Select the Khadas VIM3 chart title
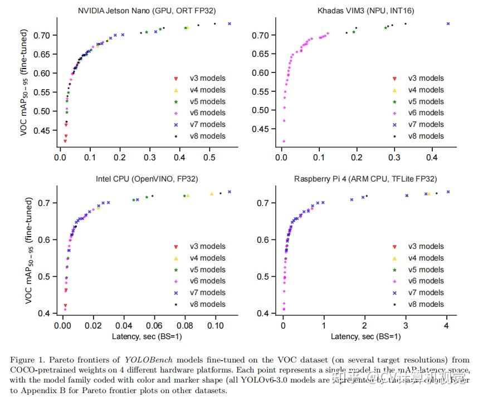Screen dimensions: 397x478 tap(365, 10)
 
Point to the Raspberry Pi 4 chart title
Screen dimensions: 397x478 tap(365, 179)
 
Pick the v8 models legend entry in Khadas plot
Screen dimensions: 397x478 tap(426, 136)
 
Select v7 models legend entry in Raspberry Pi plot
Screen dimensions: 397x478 tap(426, 292)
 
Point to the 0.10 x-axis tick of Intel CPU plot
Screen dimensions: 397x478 tap(215, 326)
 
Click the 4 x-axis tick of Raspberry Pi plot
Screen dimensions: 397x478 tap(447, 326)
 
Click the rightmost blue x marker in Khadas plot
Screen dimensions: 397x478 tap(448, 23)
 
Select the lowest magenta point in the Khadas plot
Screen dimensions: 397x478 tap(284, 141)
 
